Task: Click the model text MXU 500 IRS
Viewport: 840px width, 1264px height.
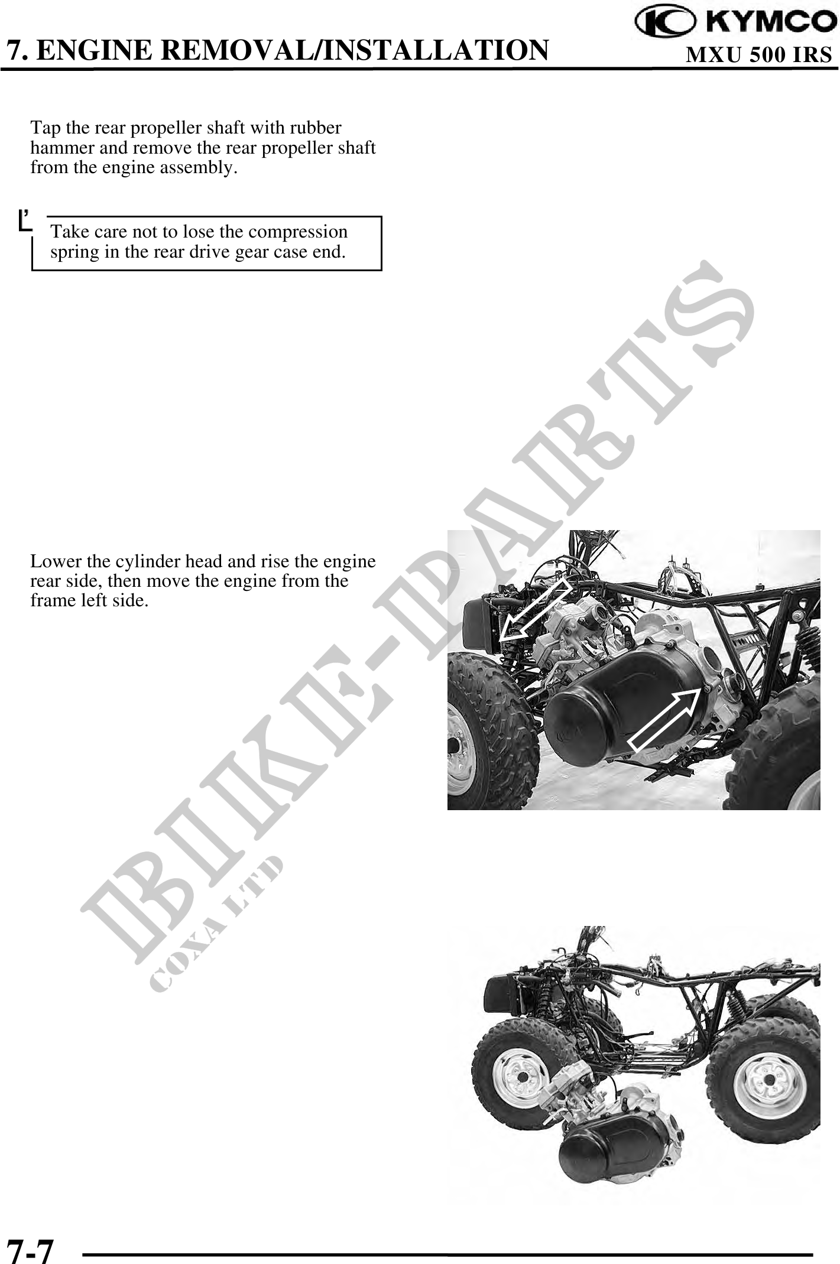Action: (758, 55)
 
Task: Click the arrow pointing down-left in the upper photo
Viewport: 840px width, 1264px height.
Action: (534, 610)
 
